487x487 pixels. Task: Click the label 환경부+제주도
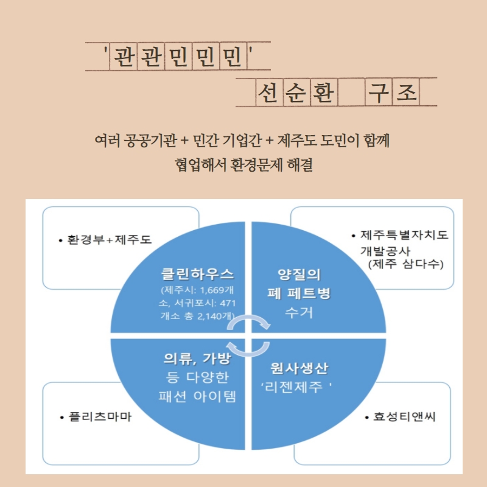(x=110, y=240)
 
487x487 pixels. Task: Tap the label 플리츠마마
(x=100, y=417)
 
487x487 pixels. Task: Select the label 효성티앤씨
(x=404, y=417)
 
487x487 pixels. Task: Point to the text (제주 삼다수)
(x=405, y=264)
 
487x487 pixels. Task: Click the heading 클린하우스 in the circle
(x=197, y=274)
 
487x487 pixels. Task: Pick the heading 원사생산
(x=300, y=368)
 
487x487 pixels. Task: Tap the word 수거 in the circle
(x=299, y=313)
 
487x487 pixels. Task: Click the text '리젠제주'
(x=296, y=387)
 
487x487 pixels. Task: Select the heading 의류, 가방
(x=197, y=359)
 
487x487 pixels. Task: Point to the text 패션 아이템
(x=197, y=396)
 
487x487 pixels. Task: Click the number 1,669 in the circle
(x=212, y=290)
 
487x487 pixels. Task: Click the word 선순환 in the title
(x=296, y=93)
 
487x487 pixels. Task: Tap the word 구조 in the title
(x=392, y=93)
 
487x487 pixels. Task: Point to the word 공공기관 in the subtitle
(x=150, y=141)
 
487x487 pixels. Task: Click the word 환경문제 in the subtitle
(x=256, y=165)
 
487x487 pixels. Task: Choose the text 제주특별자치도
(x=404, y=235)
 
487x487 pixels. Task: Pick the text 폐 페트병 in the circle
(x=299, y=293)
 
